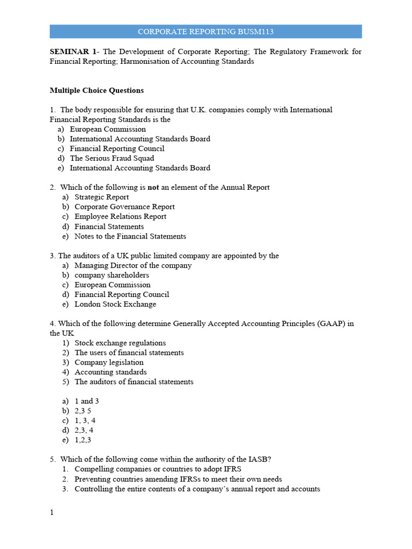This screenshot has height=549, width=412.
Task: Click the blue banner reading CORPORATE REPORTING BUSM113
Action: (x=205, y=32)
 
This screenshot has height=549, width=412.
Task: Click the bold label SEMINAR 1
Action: (x=73, y=52)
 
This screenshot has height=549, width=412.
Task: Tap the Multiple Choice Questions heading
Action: (x=97, y=91)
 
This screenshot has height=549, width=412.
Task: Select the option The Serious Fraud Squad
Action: (x=112, y=158)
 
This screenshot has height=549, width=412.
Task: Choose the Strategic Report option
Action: (x=101, y=197)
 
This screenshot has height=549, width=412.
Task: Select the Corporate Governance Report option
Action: (x=124, y=207)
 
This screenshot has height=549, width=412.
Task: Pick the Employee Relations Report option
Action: (x=120, y=217)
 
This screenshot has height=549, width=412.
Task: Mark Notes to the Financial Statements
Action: (x=130, y=236)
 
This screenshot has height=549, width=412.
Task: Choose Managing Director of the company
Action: (x=133, y=265)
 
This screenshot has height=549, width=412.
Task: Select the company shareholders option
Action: (x=112, y=275)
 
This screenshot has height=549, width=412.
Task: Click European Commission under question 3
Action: (x=112, y=285)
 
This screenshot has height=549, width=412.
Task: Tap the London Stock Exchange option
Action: (x=115, y=304)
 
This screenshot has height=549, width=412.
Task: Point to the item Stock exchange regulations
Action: (x=120, y=343)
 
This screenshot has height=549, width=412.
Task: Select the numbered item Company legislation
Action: (x=109, y=362)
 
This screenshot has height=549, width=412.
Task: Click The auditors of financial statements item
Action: (x=134, y=382)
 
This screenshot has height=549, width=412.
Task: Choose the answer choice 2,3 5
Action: (x=83, y=411)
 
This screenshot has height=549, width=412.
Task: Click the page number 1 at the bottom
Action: (x=52, y=513)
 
